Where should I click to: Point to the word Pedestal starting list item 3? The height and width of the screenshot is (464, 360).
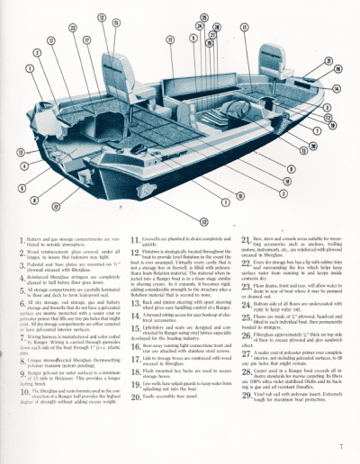click(x=31, y=268)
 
